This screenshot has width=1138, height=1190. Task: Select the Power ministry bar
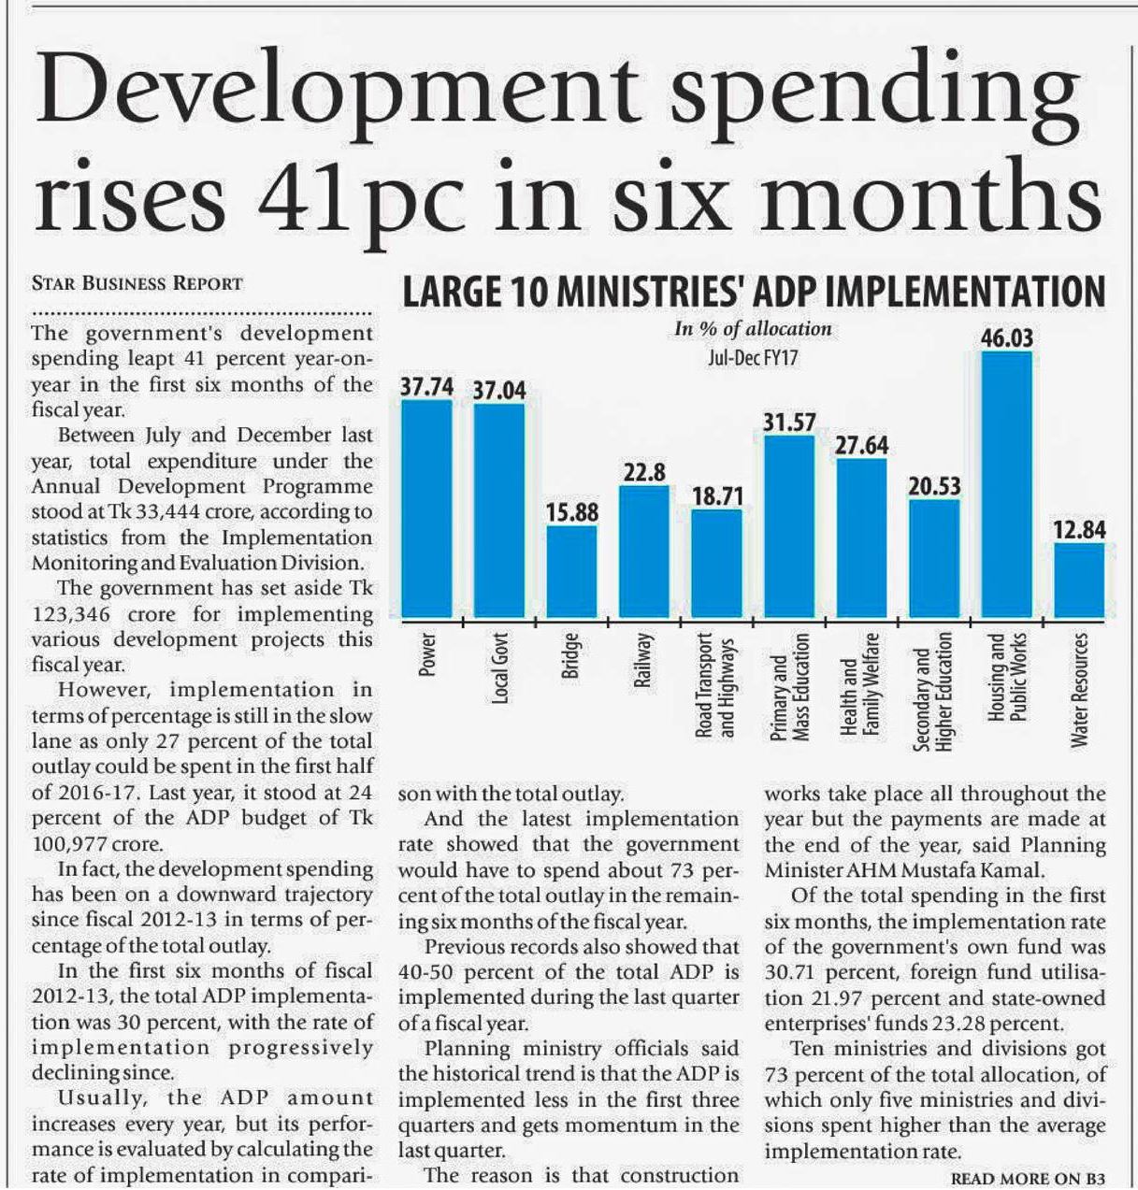point(426,509)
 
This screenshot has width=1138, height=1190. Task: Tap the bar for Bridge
point(571,571)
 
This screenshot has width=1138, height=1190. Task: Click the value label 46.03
point(1007,337)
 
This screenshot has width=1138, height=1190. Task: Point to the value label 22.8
point(644,472)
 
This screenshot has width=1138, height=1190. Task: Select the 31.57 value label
point(789,423)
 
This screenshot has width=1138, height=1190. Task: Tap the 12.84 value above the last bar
point(1079,530)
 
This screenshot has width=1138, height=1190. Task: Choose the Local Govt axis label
point(500,668)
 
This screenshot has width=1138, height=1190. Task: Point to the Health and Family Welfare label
point(861,684)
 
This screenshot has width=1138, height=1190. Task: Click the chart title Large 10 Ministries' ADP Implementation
point(753,292)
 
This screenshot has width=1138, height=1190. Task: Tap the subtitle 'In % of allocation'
point(753,329)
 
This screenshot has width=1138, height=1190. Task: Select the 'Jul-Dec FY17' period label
point(754,357)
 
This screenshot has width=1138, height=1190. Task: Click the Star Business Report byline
point(137,283)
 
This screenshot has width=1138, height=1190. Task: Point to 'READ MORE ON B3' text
point(1028,1179)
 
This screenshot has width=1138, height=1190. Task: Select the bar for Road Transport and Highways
point(716,563)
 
